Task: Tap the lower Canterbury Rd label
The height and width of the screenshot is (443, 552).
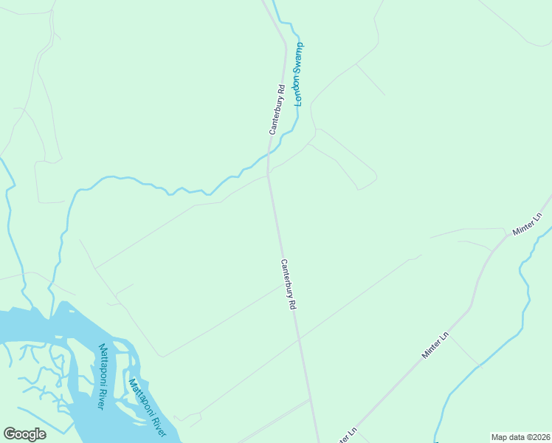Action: tap(289, 284)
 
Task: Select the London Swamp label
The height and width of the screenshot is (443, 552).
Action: tap(299, 74)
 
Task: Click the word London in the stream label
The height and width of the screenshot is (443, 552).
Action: tap(298, 91)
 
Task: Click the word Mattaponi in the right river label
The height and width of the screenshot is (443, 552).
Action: tap(139, 396)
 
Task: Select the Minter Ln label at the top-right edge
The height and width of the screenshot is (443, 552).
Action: tap(528, 224)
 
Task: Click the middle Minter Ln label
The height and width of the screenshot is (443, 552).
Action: tap(435, 345)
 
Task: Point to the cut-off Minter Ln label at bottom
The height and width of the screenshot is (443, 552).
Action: tap(346, 435)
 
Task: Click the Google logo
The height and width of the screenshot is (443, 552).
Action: tap(24, 433)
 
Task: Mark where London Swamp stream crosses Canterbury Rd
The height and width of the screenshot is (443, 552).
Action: tap(269, 155)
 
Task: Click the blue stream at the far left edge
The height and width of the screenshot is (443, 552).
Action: tap(9, 199)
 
